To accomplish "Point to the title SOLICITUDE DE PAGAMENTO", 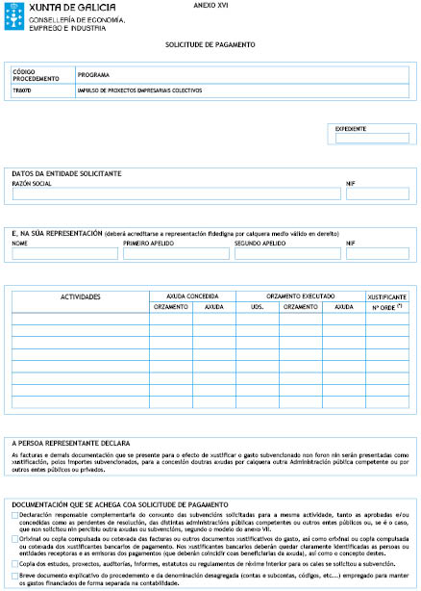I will point(209,45).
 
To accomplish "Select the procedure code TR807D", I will point(23,90).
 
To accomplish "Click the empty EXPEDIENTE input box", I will point(371,139).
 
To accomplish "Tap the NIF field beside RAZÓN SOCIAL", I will point(377,193).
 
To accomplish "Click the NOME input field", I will point(64,254).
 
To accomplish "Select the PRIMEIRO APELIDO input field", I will point(176,254).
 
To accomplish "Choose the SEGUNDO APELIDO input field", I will point(286,254).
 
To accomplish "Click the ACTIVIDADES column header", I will point(81,296).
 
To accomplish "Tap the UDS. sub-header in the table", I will point(258,306).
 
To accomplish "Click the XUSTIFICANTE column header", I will point(387,296).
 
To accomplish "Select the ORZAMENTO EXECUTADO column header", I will point(301,295).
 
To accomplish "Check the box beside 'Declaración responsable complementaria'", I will point(14,516).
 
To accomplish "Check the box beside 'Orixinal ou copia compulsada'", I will point(14,539).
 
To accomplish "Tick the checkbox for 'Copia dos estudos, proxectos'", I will point(14,563).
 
